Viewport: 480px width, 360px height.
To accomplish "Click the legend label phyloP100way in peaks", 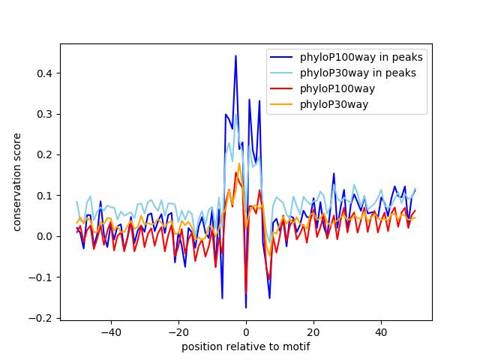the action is click(361, 57).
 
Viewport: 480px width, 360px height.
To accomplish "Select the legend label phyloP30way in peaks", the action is click(358, 73).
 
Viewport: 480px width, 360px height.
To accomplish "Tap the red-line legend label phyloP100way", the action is click(337, 88).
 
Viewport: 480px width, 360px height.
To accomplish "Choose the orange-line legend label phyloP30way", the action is click(334, 105).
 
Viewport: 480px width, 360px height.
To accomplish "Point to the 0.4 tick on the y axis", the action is click(44, 73).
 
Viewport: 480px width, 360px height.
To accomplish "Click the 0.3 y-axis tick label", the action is click(44, 114).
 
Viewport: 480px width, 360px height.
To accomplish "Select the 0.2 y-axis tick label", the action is click(44, 155).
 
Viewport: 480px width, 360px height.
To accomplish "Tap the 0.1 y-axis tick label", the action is click(44, 196).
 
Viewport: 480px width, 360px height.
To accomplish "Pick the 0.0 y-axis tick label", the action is click(44, 237).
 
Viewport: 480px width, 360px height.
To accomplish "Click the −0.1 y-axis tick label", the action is click(40, 277).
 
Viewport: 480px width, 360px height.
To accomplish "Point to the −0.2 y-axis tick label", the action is click(40, 318).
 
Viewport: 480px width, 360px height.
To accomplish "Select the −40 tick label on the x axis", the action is click(111, 332).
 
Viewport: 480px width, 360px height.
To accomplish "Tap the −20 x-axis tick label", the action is click(178, 332).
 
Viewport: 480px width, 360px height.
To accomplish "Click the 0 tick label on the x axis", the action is click(246, 332).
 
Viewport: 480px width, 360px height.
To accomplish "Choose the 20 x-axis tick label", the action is click(313, 332).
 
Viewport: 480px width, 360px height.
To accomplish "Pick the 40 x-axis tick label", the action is click(382, 332).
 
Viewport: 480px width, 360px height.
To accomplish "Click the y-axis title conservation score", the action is click(16, 182).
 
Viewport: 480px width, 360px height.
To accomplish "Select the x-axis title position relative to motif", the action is click(246, 346).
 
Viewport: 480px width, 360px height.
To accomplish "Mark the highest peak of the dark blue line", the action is click(235, 55).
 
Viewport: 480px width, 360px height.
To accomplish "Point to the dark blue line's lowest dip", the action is click(246, 307).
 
